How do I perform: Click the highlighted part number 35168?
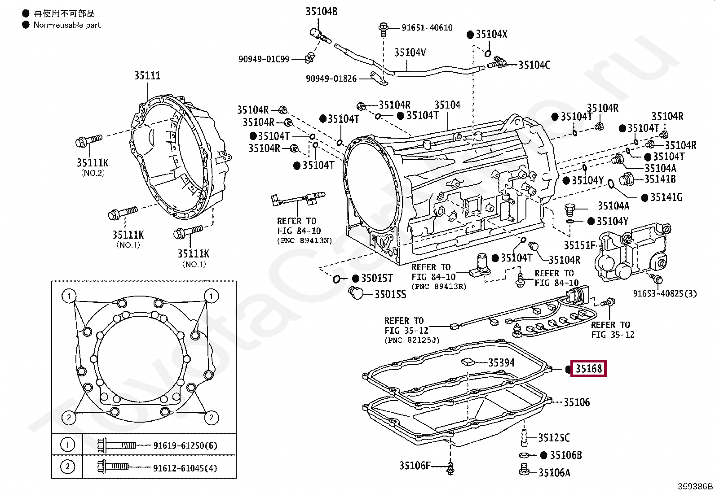589,369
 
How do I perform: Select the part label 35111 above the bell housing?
147,75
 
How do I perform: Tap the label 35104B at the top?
322,12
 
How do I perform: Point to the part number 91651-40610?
427,28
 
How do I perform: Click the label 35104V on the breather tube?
410,52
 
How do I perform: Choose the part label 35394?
502,362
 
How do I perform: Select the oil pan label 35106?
577,402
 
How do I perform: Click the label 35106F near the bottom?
415,466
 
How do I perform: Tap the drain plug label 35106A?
554,473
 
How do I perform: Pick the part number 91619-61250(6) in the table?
185,445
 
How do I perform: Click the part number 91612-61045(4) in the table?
185,468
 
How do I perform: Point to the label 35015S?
390,294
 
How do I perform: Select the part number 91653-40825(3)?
665,293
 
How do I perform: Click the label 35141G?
666,197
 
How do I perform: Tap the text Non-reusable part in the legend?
67,25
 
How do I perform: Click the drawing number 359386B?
695,486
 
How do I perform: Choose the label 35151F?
580,245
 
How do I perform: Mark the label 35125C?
554,438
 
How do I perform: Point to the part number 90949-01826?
331,79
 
